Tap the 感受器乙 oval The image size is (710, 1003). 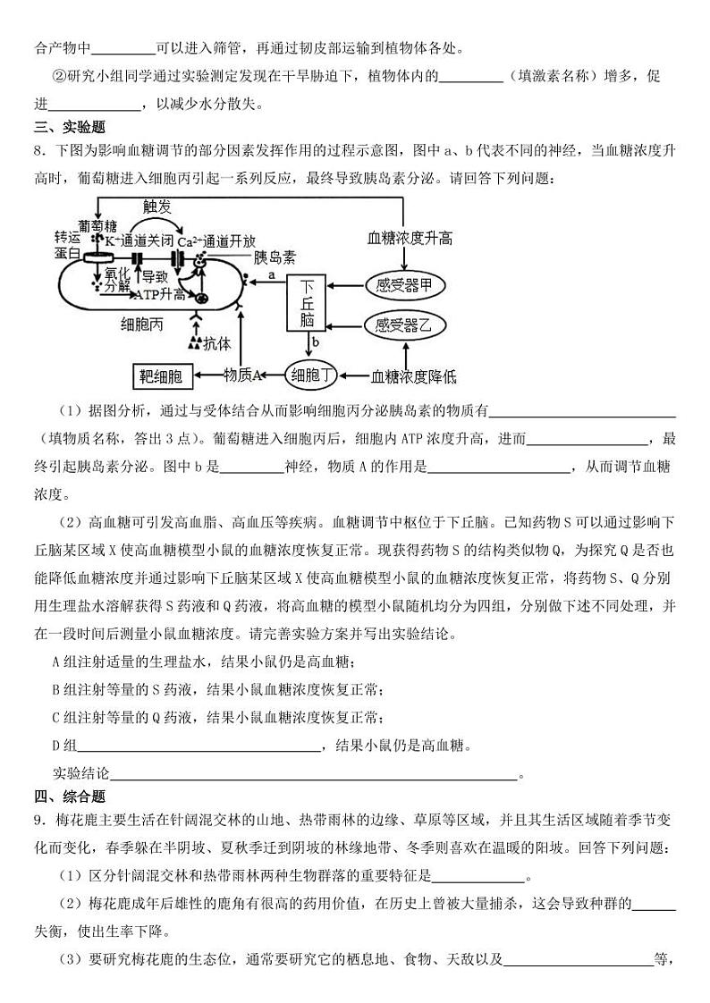click(402, 325)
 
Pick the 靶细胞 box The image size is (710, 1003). click(163, 376)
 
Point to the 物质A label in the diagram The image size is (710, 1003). click(241, 376)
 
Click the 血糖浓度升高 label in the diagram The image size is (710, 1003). click(410, 238)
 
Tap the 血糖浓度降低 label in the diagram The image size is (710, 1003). click(413, 376)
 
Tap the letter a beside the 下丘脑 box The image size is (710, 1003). click(270, 276)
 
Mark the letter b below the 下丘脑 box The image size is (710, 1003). click(316, 342)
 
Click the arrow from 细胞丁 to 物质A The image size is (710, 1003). click(273, 375)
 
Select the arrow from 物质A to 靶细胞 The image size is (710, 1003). click(208, 375)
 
